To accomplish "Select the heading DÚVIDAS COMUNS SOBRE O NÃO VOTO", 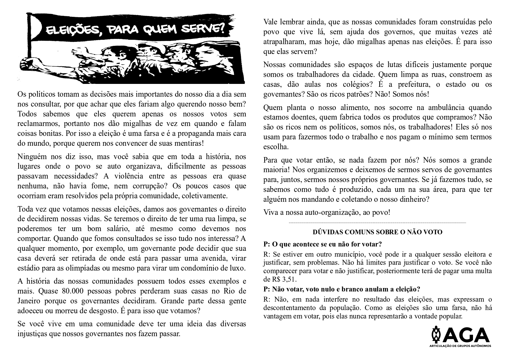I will pyautogui.click(x=377, y=232).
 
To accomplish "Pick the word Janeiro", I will pyautogui.click(x=29, y=301).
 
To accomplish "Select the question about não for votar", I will pyautogui.click(x=322, y=244).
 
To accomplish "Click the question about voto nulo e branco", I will pyautogui.click(x=341, y=289).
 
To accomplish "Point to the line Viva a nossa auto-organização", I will pyautogui.click(x=327, y=212).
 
